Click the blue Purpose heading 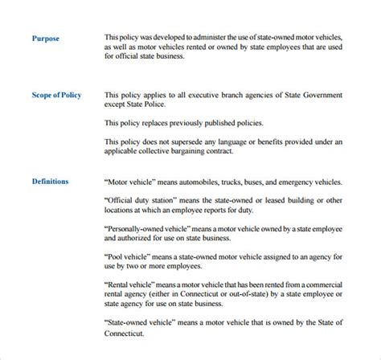[45, 38]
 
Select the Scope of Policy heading [56, 96]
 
